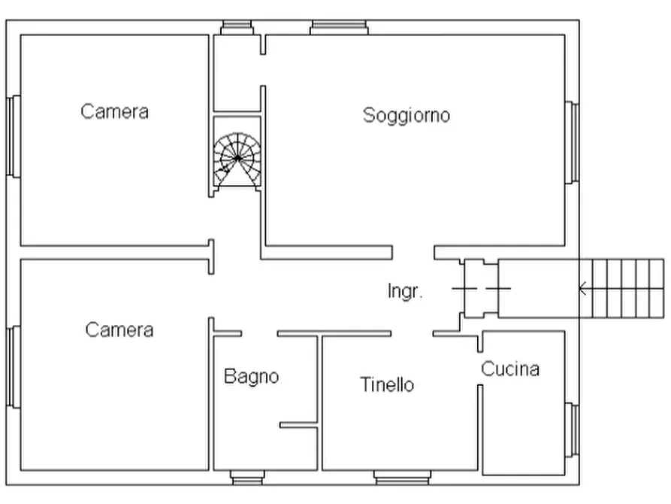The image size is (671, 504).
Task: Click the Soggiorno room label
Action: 407,115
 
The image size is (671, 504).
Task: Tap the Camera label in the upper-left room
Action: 115,112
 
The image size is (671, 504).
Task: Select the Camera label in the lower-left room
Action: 119,329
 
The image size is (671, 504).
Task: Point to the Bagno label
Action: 251,376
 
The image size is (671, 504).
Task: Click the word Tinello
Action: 387,384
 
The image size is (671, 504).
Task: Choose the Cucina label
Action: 510,369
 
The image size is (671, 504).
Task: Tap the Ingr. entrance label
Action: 405,291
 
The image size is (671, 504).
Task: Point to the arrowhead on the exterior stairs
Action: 582,288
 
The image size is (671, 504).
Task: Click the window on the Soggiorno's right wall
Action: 573,142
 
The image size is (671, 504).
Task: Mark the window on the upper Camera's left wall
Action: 13,136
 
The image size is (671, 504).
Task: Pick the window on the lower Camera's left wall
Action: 13,366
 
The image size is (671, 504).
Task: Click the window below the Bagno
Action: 248,477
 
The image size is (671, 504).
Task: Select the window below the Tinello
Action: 403,477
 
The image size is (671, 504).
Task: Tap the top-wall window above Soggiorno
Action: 340,28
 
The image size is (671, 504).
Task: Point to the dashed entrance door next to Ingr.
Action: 481,288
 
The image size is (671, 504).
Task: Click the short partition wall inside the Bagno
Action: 298,426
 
